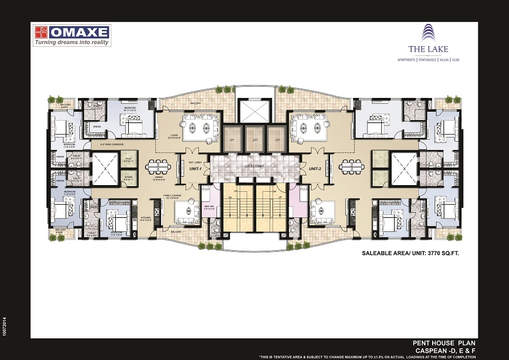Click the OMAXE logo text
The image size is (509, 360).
(79, 32)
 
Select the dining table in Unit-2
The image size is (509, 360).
(351, 167)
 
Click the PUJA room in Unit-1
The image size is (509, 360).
(129, 160)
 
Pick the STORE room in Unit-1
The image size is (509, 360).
(129, 178)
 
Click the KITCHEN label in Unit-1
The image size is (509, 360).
(146, 218)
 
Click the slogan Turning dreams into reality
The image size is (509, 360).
(72, 43)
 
